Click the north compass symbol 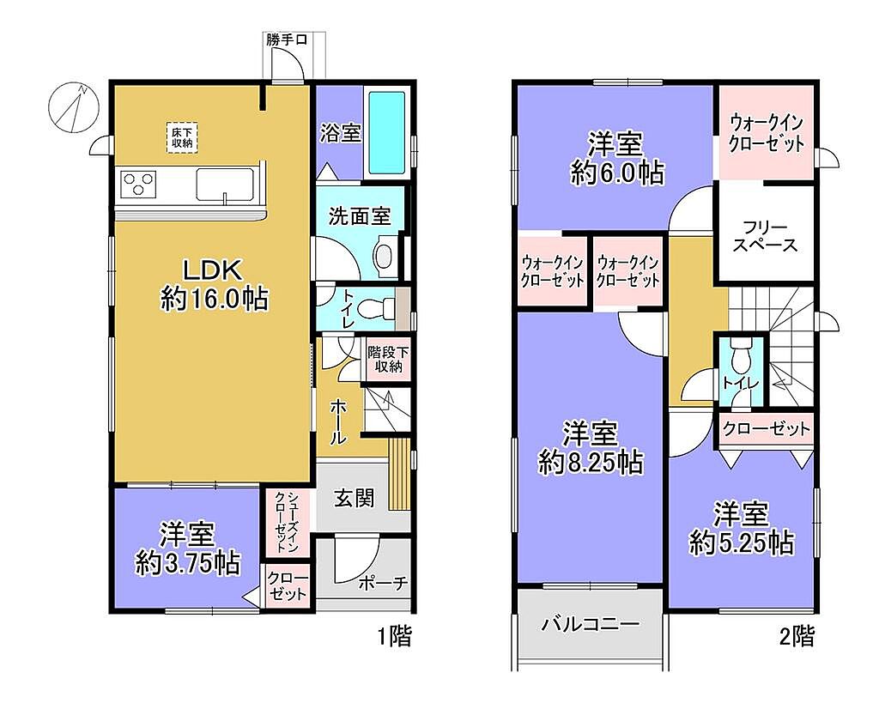(x=74, y=106)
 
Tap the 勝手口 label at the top (x=287, y=40)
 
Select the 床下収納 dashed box (x=182, y=137)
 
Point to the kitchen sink (x=224, y=185)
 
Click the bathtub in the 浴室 (x=386, y=133)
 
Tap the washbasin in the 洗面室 (x=385, y=256)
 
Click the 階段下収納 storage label (x=388, y=360)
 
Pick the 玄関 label (x=354, y=498)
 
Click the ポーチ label (x=382, y=584)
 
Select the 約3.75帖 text (x=188, y=563)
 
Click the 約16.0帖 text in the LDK (x=215, y=298)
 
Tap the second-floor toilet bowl (x=741, y=356)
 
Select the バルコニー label (x=590, y=623)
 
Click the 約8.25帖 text (x=591, y=463)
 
